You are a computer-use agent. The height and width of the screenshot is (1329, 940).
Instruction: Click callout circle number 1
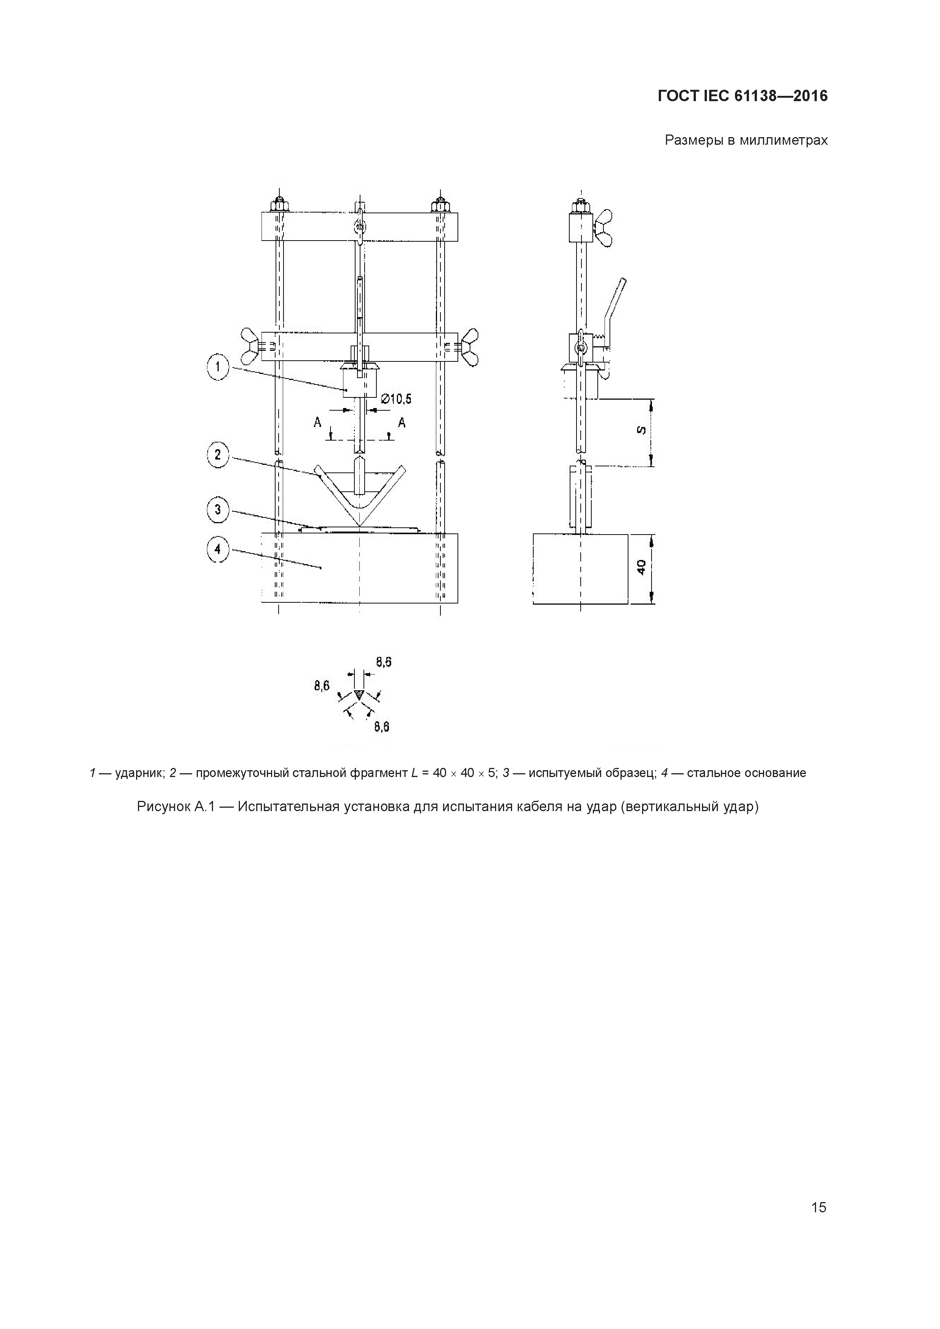click(x=218, y=366)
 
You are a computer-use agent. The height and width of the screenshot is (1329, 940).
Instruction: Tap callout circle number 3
click(x=218, y=510)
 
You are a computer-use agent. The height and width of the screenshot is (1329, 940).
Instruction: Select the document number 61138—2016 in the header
click(x=781, y=96)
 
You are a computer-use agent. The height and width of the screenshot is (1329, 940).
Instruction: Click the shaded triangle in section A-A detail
click(x=359, y=693)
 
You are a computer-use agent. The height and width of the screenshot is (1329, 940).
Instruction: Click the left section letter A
click(x=317, y=423)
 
